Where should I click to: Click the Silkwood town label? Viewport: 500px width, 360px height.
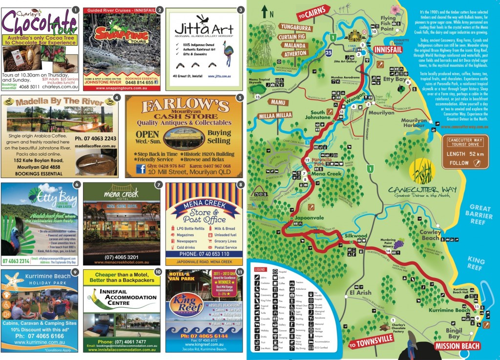(x=355, y=236)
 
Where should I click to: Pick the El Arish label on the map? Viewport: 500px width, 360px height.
(x=360, y=293)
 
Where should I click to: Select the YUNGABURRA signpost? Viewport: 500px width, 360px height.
(x=296, y=27)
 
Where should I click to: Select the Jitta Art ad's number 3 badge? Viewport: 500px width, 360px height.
(x=240, y=9)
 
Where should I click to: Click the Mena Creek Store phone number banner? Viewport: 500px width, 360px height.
(x=204, y=254)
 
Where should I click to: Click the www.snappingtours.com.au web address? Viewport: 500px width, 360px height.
(x=121, y=88)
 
